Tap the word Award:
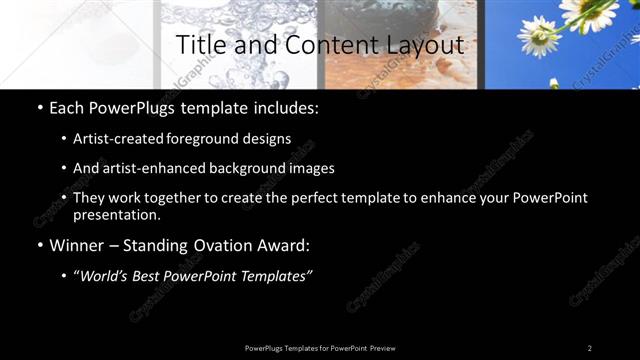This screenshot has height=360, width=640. (x=282, y=246)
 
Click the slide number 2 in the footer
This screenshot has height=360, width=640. (x=590, y=348)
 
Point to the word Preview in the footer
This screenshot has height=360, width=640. (x=382, y=348)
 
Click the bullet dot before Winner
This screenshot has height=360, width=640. (x=39, y=246)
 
